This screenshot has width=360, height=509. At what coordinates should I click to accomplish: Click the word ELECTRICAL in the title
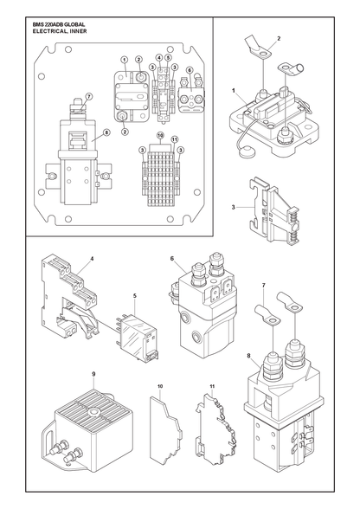tap(47, 31)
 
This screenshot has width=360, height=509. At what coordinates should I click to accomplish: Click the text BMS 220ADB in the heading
tap(46, 24)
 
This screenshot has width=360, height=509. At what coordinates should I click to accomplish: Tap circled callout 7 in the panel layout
tap(89, 96)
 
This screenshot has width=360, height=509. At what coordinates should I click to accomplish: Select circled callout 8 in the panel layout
tap(106, 132)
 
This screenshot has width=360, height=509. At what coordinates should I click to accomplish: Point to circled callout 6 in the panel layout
tap(190, 70)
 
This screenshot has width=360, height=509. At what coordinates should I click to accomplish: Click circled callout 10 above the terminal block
tap(159, 135)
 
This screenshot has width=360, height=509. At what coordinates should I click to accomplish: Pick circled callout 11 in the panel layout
tap(175, 139)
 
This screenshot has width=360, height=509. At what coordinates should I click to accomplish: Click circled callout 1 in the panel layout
tap(124, 60)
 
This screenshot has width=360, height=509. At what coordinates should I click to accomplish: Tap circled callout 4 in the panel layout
tap(159, 57)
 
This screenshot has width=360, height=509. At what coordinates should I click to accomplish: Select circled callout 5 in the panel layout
tap(168, 57)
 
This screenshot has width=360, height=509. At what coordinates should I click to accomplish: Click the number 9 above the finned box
tap(93, 374)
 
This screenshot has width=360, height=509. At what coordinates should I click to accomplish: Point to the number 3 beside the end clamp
tap(233, 207)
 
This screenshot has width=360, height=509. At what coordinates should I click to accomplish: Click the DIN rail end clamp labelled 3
tap(275, 211)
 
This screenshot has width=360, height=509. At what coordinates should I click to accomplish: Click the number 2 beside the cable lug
tap(279, 38)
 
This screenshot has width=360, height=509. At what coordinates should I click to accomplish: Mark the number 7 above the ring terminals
tap(263, 286)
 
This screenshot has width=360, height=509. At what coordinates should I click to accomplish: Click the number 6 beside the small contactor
tap(171, 258)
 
